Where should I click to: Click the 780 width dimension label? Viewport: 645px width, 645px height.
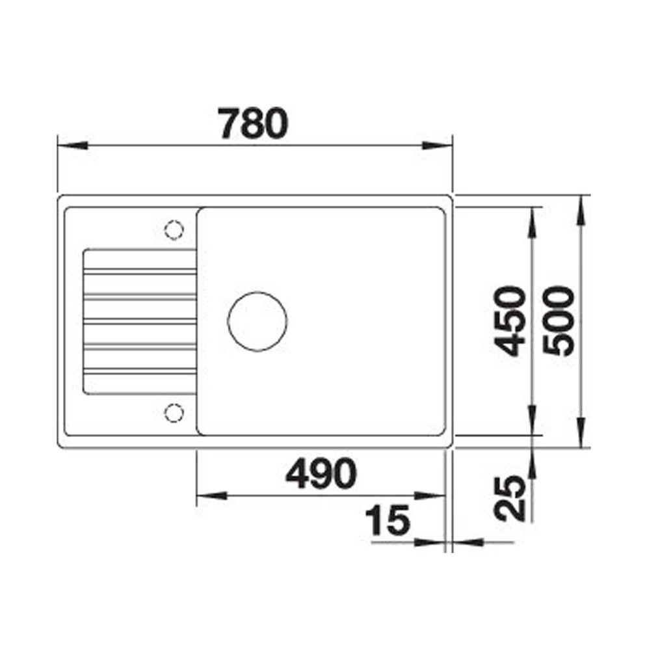253,123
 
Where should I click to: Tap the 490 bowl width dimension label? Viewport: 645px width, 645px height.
321,473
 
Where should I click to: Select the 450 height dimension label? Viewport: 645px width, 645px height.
510,321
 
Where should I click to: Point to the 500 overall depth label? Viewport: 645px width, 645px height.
558,321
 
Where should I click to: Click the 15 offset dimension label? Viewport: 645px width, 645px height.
388,520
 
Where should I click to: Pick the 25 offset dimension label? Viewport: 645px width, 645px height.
510,498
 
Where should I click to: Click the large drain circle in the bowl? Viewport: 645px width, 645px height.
257,321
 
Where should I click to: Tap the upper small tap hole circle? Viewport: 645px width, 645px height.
174,230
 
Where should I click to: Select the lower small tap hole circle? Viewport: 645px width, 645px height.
174,413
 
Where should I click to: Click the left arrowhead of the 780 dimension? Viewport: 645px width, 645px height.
72,146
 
